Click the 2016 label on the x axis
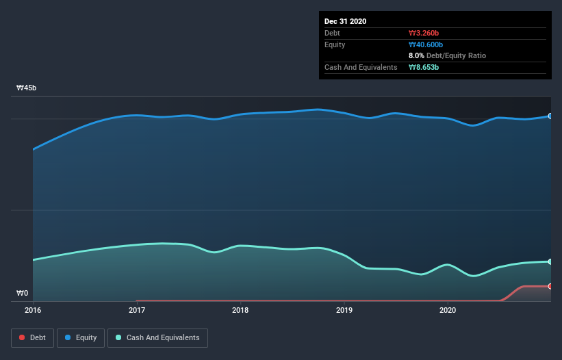tap(33, 310)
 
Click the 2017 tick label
tap(137, 310)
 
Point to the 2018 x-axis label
tap(240, 310)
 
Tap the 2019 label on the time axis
tap(344, 310)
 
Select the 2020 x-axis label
tap(448, 310)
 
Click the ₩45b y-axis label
tap(27, 88)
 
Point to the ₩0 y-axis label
tap(23, 294)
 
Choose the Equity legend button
tap(81, 337)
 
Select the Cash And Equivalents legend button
tap(157, 337)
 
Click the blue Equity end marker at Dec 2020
tap(550, 116)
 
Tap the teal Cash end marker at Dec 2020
tap(550, 261)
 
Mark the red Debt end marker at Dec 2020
tap(550, 286)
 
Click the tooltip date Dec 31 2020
tap(346, 21)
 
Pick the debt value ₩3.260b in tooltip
tap(425, 33)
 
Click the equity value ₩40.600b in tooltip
tap(427, 44)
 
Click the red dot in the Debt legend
tap(22, 337)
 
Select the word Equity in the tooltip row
tap(335, 44)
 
